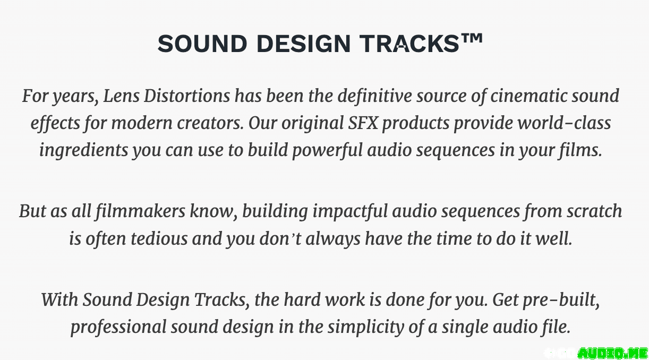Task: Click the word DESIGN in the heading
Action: point(303,44)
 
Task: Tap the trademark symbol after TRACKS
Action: point(472,38)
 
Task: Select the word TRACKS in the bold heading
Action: point(409,44)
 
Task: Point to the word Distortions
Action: point(187,96)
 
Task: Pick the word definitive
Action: point(374,97)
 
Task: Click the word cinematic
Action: point(528,96)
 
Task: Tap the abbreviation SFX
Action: point(363,123)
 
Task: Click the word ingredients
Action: point(84,151)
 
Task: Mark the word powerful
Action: point(327,151)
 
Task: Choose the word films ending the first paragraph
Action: point(580,151)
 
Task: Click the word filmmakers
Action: point(141,211)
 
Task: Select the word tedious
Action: point(159,238)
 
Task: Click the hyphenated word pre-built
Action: point(561,300)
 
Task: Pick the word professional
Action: point(118,327)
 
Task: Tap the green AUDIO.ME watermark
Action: point(612,353)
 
